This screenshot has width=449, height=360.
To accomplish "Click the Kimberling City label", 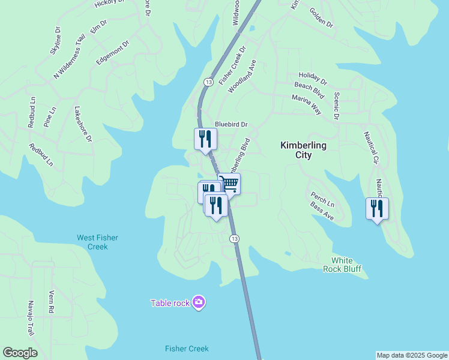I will coord(303,150).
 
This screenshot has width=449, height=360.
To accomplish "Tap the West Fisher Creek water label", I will coord(97,242).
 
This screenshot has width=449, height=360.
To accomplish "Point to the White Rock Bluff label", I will coord(346,265).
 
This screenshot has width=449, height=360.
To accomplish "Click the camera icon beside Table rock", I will coord(199,302).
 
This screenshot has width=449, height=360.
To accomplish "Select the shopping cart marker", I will coord(229,184).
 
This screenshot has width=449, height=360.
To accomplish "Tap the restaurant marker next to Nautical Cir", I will coord(377,209).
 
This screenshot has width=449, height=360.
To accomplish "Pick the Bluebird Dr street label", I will coord(232,124).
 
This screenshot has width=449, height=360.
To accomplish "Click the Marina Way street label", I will coord(307,103).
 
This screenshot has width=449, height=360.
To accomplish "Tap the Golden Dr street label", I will coord(321,17).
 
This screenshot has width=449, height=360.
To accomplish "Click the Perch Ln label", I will coord(322,199).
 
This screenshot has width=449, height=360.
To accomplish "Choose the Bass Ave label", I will coord(322,211).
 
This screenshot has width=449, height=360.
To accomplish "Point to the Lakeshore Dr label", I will coord(83,124).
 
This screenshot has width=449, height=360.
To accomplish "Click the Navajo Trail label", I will coord(31,318).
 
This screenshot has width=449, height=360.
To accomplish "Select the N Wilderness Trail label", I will coord(70,56).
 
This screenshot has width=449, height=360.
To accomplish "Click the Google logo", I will coord(20,353).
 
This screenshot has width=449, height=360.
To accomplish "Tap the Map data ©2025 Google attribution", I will coord(412,355).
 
